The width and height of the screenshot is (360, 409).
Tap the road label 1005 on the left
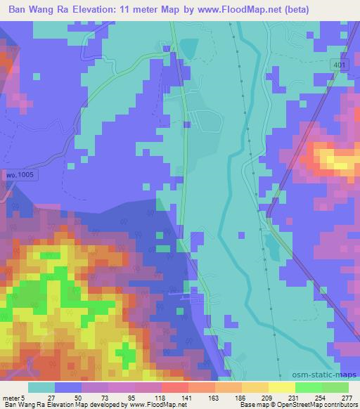coord(20,172)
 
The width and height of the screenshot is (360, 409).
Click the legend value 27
coord(51,397)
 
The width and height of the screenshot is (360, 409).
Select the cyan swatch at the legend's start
coord(41,387)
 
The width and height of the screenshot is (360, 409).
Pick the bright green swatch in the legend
coord(307,387)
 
